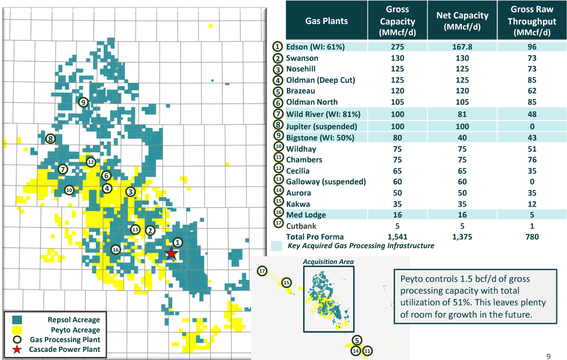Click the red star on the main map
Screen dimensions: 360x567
(x=172, y=253)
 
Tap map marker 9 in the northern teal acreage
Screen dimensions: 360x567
(x=84, y=102)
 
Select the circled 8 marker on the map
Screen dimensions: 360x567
(x=50, y=138)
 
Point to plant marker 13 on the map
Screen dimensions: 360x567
(x=135, y=229)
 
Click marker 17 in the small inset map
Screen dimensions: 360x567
(x=262, y=271)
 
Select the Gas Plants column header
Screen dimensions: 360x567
(x=326, y=21)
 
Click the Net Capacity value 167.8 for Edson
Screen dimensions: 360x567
(x=462, y=47)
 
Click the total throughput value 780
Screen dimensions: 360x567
(x=532, y=236)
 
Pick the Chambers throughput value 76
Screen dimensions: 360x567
(x=532, y=160)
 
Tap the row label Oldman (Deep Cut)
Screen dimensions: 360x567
(x=320, y=80)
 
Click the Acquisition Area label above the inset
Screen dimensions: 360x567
(x=328, y=262)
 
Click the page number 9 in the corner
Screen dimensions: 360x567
(x=548, y=356)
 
